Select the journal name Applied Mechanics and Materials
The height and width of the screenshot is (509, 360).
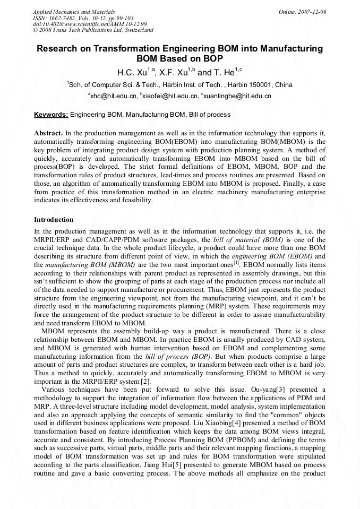[x=73, y=11]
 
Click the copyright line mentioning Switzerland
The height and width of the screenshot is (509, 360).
[x=93, y=30]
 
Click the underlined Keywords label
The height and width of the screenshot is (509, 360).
[x=51, y=114]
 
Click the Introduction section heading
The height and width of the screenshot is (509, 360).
[x=54, y=219]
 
